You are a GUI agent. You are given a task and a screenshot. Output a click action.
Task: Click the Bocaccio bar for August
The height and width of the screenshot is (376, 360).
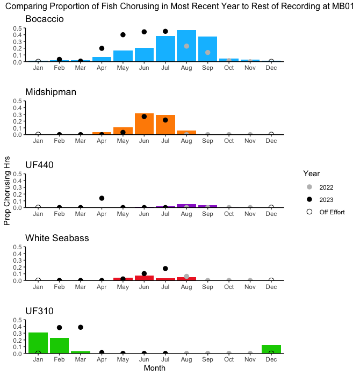point(186,46)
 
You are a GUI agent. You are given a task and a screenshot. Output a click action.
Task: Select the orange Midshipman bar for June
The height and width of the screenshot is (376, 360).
point(144,124)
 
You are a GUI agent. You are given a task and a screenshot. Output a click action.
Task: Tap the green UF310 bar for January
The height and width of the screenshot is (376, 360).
point(38,343)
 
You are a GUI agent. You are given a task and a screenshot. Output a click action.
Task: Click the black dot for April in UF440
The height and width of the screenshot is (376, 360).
point(102,198)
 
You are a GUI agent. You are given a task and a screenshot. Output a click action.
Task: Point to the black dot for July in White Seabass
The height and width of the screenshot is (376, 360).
point(165,269)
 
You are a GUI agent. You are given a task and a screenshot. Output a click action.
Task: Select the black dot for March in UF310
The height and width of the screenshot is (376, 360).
point(81,327)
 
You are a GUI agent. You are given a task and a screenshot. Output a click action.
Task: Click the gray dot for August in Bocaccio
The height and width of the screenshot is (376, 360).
point(186,46)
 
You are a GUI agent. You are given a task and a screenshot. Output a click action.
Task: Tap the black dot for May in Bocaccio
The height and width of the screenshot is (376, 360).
point(123,35)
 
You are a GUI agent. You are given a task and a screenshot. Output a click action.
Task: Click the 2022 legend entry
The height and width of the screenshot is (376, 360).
point(326,187)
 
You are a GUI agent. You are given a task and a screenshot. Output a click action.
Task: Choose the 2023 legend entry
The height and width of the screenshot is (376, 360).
point(326,200)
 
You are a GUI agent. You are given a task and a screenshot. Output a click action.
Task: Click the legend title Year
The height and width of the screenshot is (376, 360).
point(312,173)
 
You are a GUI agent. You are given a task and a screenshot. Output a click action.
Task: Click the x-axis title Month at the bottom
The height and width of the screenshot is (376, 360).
point(155,368)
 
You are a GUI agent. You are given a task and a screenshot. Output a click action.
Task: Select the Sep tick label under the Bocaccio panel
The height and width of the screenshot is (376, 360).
point(208,68)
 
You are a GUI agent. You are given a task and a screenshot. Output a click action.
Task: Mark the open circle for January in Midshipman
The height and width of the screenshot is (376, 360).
point(38,134)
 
